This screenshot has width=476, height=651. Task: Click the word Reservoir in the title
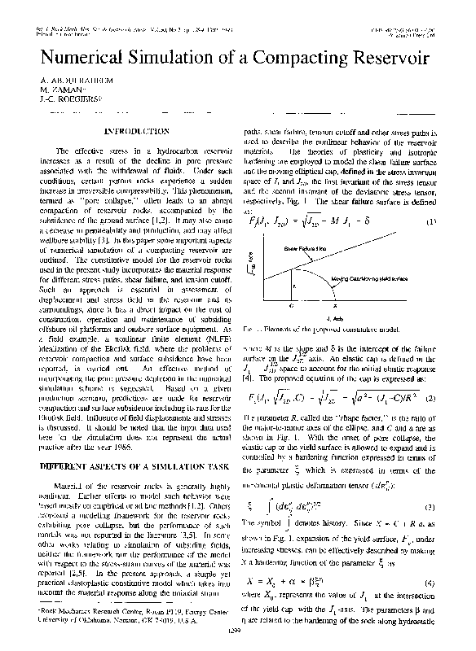pos(382,59)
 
